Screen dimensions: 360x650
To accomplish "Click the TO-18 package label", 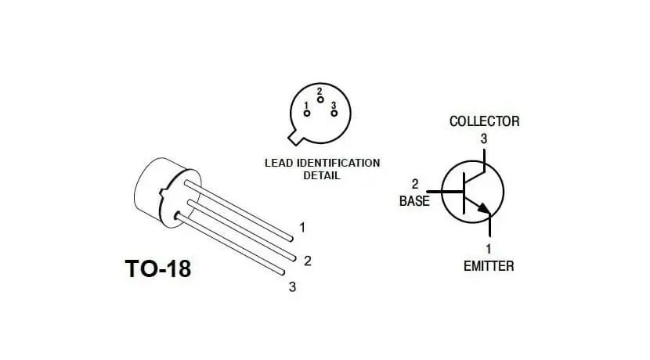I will pyautogui.click(x=157, y=268).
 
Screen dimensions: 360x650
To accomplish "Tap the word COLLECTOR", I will pyautogui.click(x=484, y=121).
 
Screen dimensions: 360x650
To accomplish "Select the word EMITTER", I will pyautogui.click(x=489, y=266).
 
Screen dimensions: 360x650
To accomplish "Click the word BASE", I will pyautogui.click(x=414, y=201).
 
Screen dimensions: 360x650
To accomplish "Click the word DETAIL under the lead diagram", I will pyautogui.click(x=321, y=175).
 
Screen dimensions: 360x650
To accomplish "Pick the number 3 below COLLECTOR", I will pyautogui.click(x=484, y=139).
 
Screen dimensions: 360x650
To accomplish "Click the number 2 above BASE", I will pyautogui.click(x=415, y=185).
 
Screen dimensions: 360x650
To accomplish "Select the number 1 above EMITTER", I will pyautogui.click(x=489, y=250).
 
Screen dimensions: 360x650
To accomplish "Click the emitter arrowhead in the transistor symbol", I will pyautogui.click(x=484, y=209).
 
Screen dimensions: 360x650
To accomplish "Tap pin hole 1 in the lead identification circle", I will pyautogui.click(x=306, y=113).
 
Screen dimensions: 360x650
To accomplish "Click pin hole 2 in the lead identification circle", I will pyautogui.click(x=320, y=100).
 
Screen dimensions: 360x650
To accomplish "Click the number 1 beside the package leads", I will pyautogui.click(x=302, y=228).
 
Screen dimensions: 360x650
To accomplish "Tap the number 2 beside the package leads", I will pyautogui.click(x=307, y=261).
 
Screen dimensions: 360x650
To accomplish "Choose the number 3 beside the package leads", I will pyautogui.click(x=292, y=286).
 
